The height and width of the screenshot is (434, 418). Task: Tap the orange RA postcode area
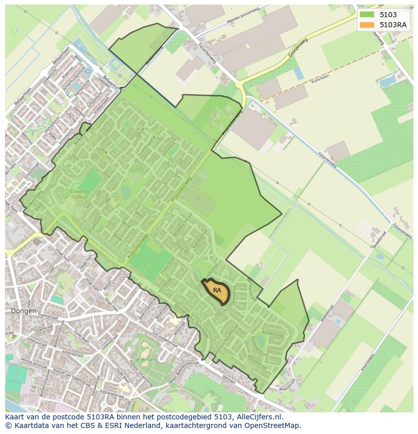tap(217, 291)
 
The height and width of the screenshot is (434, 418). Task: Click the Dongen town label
tap(23, 311)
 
